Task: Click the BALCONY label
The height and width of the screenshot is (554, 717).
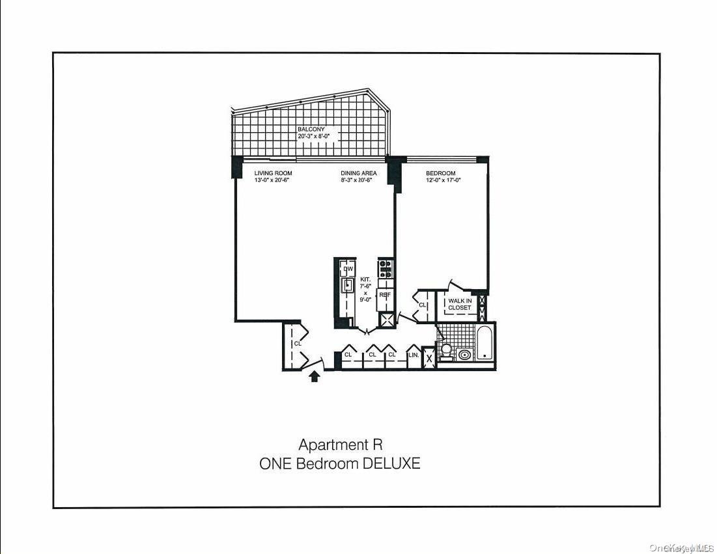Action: coord(311,130)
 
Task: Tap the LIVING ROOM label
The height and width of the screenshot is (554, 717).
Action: coord(273,173)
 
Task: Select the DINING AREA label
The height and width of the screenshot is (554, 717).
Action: coord(358,173)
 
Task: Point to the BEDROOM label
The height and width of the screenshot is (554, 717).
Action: coord(441,173)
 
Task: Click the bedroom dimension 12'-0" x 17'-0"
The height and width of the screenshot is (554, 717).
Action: coord(443,180)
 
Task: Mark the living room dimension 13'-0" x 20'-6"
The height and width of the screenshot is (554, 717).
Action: coord(272,180)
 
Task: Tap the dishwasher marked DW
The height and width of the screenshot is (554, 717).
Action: coord(348,269)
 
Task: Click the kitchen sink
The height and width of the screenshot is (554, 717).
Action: coord(348,284)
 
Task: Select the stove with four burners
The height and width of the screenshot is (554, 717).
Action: coord(386,269)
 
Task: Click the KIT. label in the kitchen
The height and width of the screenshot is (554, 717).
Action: coord(365,279)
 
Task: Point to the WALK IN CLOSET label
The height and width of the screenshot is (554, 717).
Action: coord(459,304)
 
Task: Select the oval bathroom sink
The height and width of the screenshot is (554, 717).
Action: coord(464,355)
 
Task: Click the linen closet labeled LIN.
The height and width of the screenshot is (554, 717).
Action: coord(413,355)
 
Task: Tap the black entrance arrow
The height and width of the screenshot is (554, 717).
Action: coord(315,376)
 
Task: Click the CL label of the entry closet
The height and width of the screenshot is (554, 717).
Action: coord(297,343)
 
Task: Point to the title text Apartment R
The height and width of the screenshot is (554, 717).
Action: coord(340,445)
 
